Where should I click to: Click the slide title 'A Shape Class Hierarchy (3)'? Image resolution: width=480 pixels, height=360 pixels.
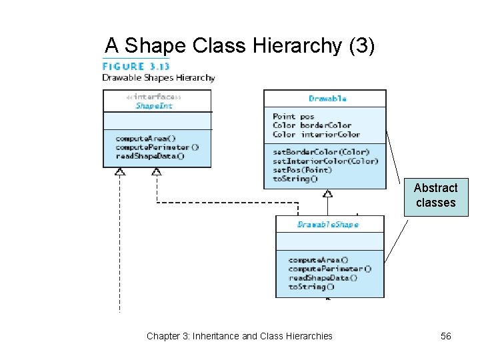pyautogui.click(x=240, y=45)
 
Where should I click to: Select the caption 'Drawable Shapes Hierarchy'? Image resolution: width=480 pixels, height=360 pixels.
pyautogui.click(x=158, y=77)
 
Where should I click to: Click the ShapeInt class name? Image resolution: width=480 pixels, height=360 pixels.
pyautogui.click(x=154, y=105)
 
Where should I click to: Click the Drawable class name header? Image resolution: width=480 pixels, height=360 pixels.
pyautogui.click(x=327, y=98)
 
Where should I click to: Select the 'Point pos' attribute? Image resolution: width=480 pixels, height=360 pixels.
pyautogui.click(x=293, y=117)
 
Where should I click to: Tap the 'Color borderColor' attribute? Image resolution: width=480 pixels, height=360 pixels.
pyautogui.click(x=311, y=125)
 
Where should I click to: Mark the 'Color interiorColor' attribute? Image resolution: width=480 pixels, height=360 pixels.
pyautogui.click(x=316, y=134)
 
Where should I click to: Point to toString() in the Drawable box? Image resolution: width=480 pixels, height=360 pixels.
pyautogui.click(x=295, y=178)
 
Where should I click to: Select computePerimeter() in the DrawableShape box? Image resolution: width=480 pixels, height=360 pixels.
pyautogui.click(x=329, y=269)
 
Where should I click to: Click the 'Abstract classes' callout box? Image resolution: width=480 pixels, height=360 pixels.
pyautogui.click(x=435, y=196)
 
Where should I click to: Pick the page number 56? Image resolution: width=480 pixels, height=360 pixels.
pyautogui.click(x=445, y=336)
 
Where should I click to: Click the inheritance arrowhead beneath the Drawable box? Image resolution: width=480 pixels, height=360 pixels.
pyautogui.click(x=327, y=193)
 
